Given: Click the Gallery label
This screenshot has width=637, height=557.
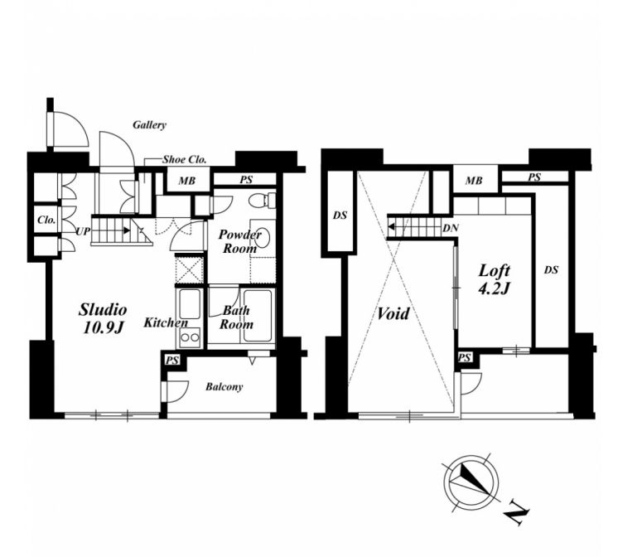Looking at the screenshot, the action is pyautogui.click(x=149, y=125).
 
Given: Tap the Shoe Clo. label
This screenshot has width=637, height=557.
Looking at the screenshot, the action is pyautogui.click(x=185, y=159).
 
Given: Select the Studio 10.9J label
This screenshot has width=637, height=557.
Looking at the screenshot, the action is pyautogui.click(x=103, y=318).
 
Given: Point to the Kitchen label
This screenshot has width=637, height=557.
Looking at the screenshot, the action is pyautogui.click(x=166, y=322).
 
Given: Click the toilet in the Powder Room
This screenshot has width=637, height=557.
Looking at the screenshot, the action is pyautogui.click(x=262, y=200).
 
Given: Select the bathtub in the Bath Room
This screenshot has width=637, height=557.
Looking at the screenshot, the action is pyautogui.click(x=258, y=315).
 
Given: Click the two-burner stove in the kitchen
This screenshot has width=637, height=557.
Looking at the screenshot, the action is pyautogui.click(x=191, y=337).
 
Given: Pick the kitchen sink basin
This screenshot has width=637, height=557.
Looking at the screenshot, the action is pyautogui.click(x=190, y=303).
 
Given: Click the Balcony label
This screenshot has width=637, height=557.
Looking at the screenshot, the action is pyautogui.click(x=224, y=386).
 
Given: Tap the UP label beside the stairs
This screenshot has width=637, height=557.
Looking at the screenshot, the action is pyautogui.click(x=83, y=232).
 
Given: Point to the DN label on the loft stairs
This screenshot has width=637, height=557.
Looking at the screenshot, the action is pyautogui.click(x=451, y=228).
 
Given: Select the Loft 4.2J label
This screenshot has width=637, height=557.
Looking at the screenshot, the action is pyautogui.click(x=494, y=279).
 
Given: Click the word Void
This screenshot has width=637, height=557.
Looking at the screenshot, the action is pyautogui.click(x=393, y=313).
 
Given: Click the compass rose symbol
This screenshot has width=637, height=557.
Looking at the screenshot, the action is pyautogui.click(x=471, y=482).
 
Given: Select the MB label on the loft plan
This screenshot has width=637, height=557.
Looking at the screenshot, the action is pyautogui.click(x=474, y=180).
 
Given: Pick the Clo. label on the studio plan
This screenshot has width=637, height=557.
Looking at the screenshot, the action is pyautogui.click(x=46, y=220).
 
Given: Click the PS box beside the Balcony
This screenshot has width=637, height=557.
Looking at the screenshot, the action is pyautogui.click(x=172, y=360).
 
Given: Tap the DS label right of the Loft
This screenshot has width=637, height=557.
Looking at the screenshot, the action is pyautogui.click(x=552, y=269).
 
